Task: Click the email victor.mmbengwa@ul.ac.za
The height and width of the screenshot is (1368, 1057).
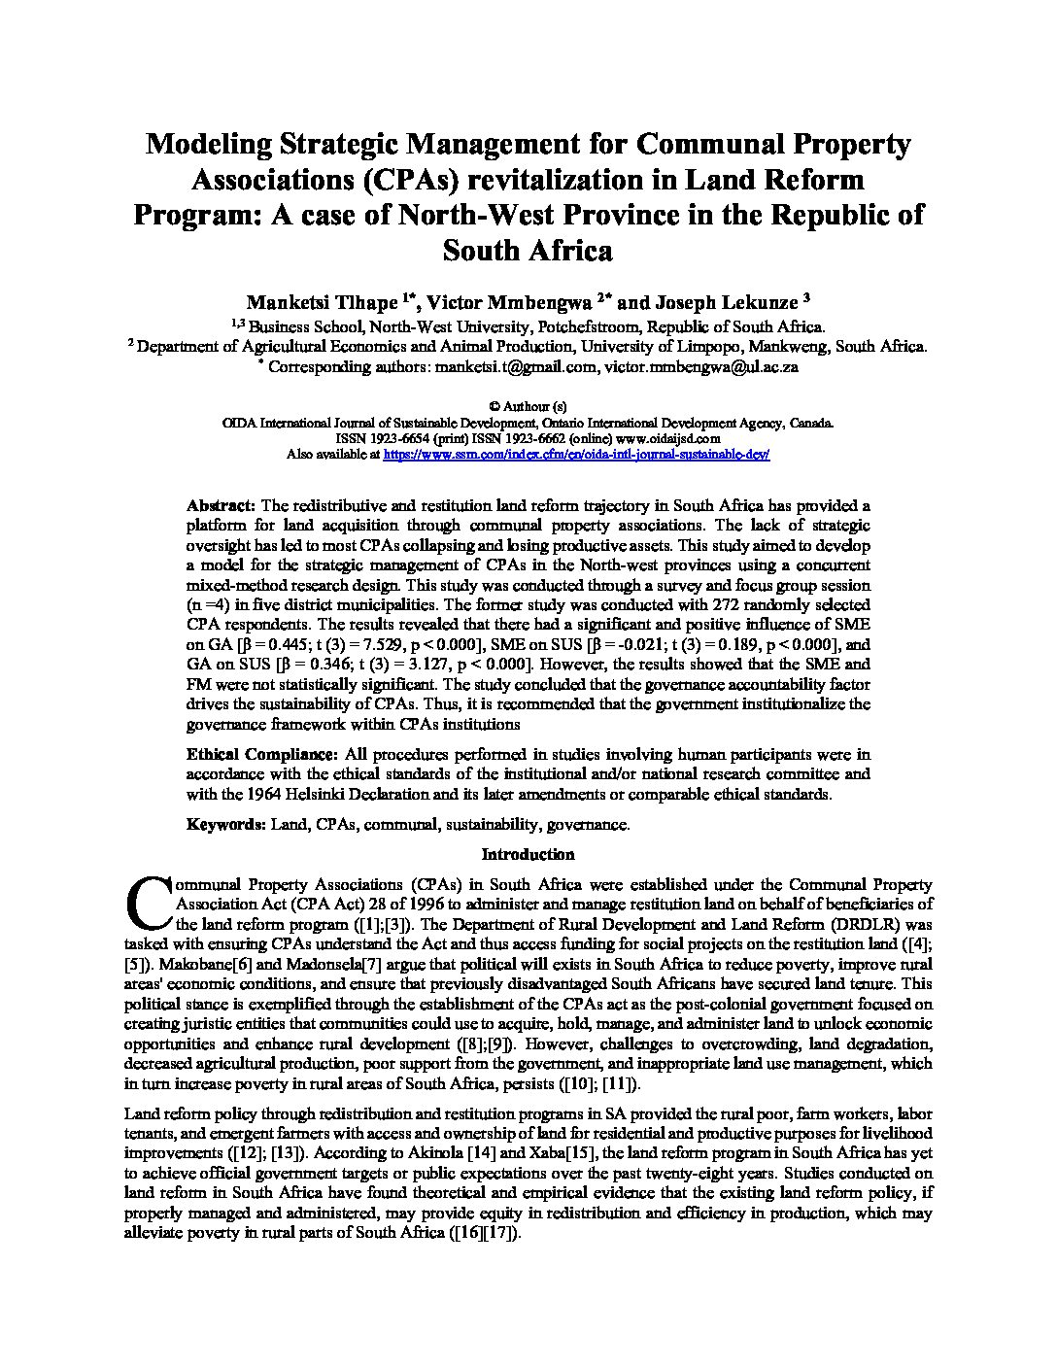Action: coord(700,366)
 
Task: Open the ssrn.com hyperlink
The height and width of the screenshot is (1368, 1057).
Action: coord(577,454)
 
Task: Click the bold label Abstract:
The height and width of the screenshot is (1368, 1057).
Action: coord(221,505)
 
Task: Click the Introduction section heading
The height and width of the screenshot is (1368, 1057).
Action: coord(528,855)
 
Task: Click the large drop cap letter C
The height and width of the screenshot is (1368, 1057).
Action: coord(147,903)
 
